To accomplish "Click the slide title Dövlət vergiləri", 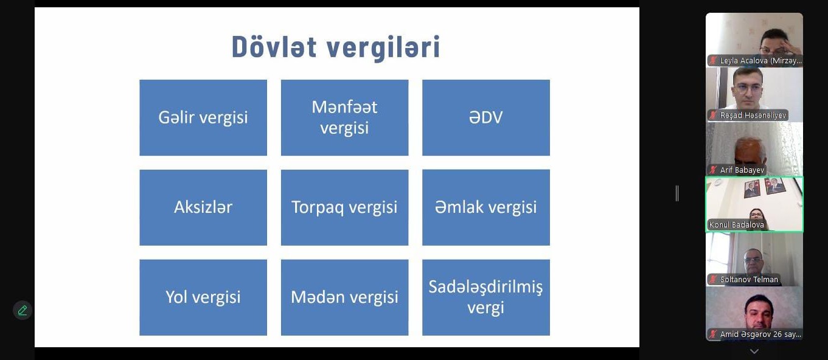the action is pos(336,47).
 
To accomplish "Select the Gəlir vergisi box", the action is pos(203,117).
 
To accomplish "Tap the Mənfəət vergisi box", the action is pos(344,117).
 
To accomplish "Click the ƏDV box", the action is pos(486,117).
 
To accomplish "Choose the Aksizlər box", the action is pos(203,207).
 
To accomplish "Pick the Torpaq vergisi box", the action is pos(344,207).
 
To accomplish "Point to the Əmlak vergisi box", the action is pos(486,207).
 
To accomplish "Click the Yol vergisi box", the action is pos(203,297).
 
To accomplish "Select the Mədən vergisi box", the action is pos(344,297).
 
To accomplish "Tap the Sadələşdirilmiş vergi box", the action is pos(486,297).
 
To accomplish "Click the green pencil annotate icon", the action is pos(23,310).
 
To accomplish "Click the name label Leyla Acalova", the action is pos(760,61).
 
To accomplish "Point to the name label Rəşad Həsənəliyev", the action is pos(753,116).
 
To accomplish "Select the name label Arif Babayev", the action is pos(742,170).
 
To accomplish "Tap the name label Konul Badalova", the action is pos(736,225).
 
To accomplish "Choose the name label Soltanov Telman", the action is pos(749,279).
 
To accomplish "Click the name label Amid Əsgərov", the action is pos(760,334).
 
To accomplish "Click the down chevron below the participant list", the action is pos(754,351).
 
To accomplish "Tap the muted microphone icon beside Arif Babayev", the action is pos(713,170).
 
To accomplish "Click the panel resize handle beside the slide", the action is pos(677,193).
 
